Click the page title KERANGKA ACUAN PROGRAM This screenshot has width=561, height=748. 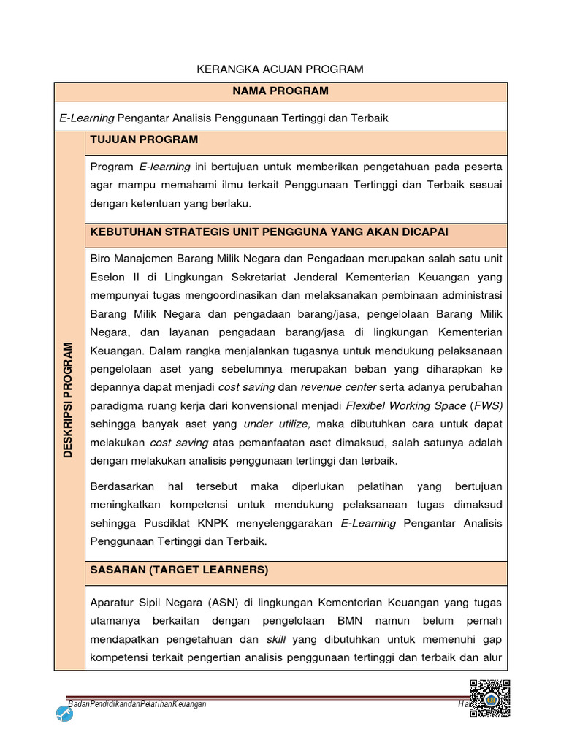(x=280, y=69)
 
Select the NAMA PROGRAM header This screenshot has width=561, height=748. (x=280, y=91)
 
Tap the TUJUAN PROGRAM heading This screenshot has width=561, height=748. (x=144, y=140)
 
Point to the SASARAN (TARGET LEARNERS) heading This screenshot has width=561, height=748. (x=179, y=570)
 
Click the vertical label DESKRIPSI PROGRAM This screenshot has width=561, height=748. (x=69, y=400)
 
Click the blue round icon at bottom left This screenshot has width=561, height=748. (x=64, y=714)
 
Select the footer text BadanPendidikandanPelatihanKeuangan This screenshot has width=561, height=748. (x=137, y=703)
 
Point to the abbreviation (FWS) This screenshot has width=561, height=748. (x=488, y=405)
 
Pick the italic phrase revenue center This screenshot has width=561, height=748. (x=338, y=386)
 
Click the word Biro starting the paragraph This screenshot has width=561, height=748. (x=102, y=259)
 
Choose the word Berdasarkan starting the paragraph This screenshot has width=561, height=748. (x=122, y=486)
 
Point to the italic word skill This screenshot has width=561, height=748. (x=275, y=640)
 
